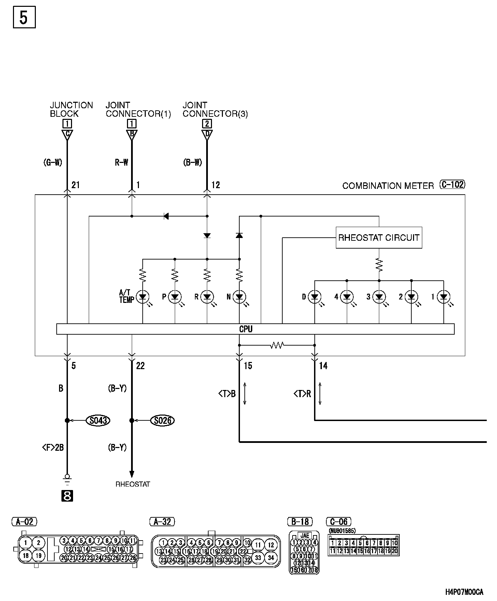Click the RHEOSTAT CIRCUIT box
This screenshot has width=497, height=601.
pyautogui.click(x=379, y=238)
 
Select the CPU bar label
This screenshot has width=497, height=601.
pyautogui.click(x=246, y=329)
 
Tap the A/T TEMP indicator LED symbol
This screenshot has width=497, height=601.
pyautogui.click(x=143, y=297)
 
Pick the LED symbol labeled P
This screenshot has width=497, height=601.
pyautogui.click(x=175, y=297)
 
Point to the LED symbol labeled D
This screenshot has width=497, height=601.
pyautogui.click(x=314, y=297)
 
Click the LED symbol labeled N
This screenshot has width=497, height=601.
pyautogui.click(x=239, y=297)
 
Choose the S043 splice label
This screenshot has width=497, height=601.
pyautogui.click(x=98, y=420)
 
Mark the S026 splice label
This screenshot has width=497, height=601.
pyautogui.click(x=162, y=420)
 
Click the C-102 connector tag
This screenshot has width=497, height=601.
pyautogui.click(x=452, y=185)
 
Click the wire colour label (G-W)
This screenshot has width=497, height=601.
pyautogui.click(x=53, y=163)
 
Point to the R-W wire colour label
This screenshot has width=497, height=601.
pyautogui.click(x=122, y=163)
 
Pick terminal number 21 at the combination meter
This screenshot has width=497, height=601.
pyautogui.click(x=75, y=185)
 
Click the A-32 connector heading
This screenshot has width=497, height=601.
pyautogui.click(x=162, y=521)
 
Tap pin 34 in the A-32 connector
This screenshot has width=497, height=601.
pyautogui.click(x=271, y=558)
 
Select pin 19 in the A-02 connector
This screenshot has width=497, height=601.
pyautogui.click(x=39, y=556)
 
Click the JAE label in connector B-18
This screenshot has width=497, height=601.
pyautogui.click(x=304, y=535)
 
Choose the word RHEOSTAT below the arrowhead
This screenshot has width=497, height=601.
pyautogui.click(x=133, y=484)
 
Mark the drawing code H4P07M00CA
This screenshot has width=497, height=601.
pyautogui.click(x=465, y=592)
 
